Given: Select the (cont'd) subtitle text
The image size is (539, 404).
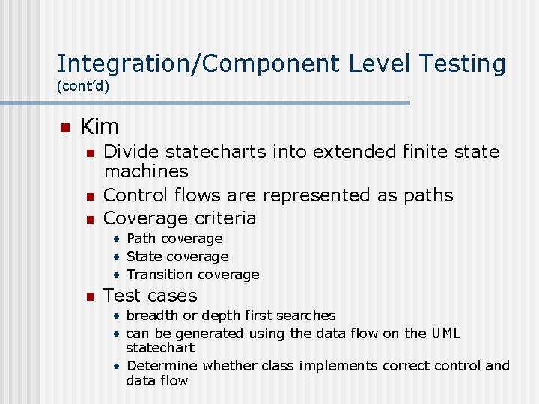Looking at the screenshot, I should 83,86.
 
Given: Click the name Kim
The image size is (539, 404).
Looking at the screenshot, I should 100,126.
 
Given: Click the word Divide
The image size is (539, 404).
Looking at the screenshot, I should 131,152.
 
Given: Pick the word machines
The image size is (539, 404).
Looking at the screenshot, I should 146,171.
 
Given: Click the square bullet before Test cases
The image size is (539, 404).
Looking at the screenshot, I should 90,296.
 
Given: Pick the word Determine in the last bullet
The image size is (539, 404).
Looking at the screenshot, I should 162,366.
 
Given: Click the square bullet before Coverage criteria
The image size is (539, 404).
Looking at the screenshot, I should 90,219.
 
